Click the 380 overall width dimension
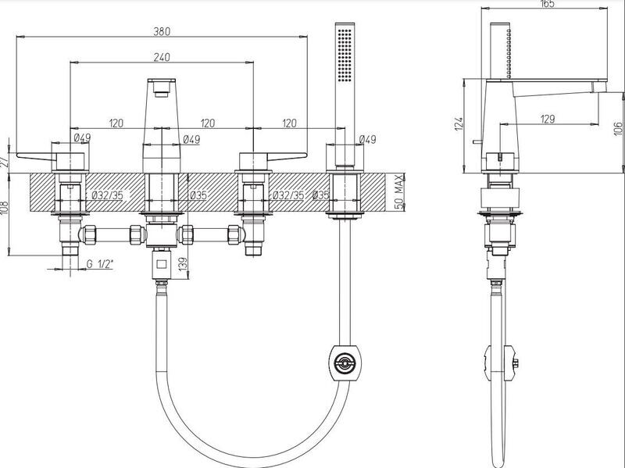point(162,31)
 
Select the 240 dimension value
point(162,57)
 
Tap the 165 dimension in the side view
point(548,4)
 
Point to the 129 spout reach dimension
point(548,119)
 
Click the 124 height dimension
point(459,123)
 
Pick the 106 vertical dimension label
point(618,128)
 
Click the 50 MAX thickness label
point(399,191)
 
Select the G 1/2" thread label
point(100,264)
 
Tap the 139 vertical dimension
point(183,265)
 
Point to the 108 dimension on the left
point(4,209)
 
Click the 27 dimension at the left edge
point(4,162)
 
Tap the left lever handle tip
point(18,155)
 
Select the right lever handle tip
point(305,155)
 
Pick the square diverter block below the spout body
point(162,264)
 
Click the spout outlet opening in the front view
point(162,94)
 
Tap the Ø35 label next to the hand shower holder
point(321,195)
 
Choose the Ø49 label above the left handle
point(82,138)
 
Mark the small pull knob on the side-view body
point(477,141)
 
